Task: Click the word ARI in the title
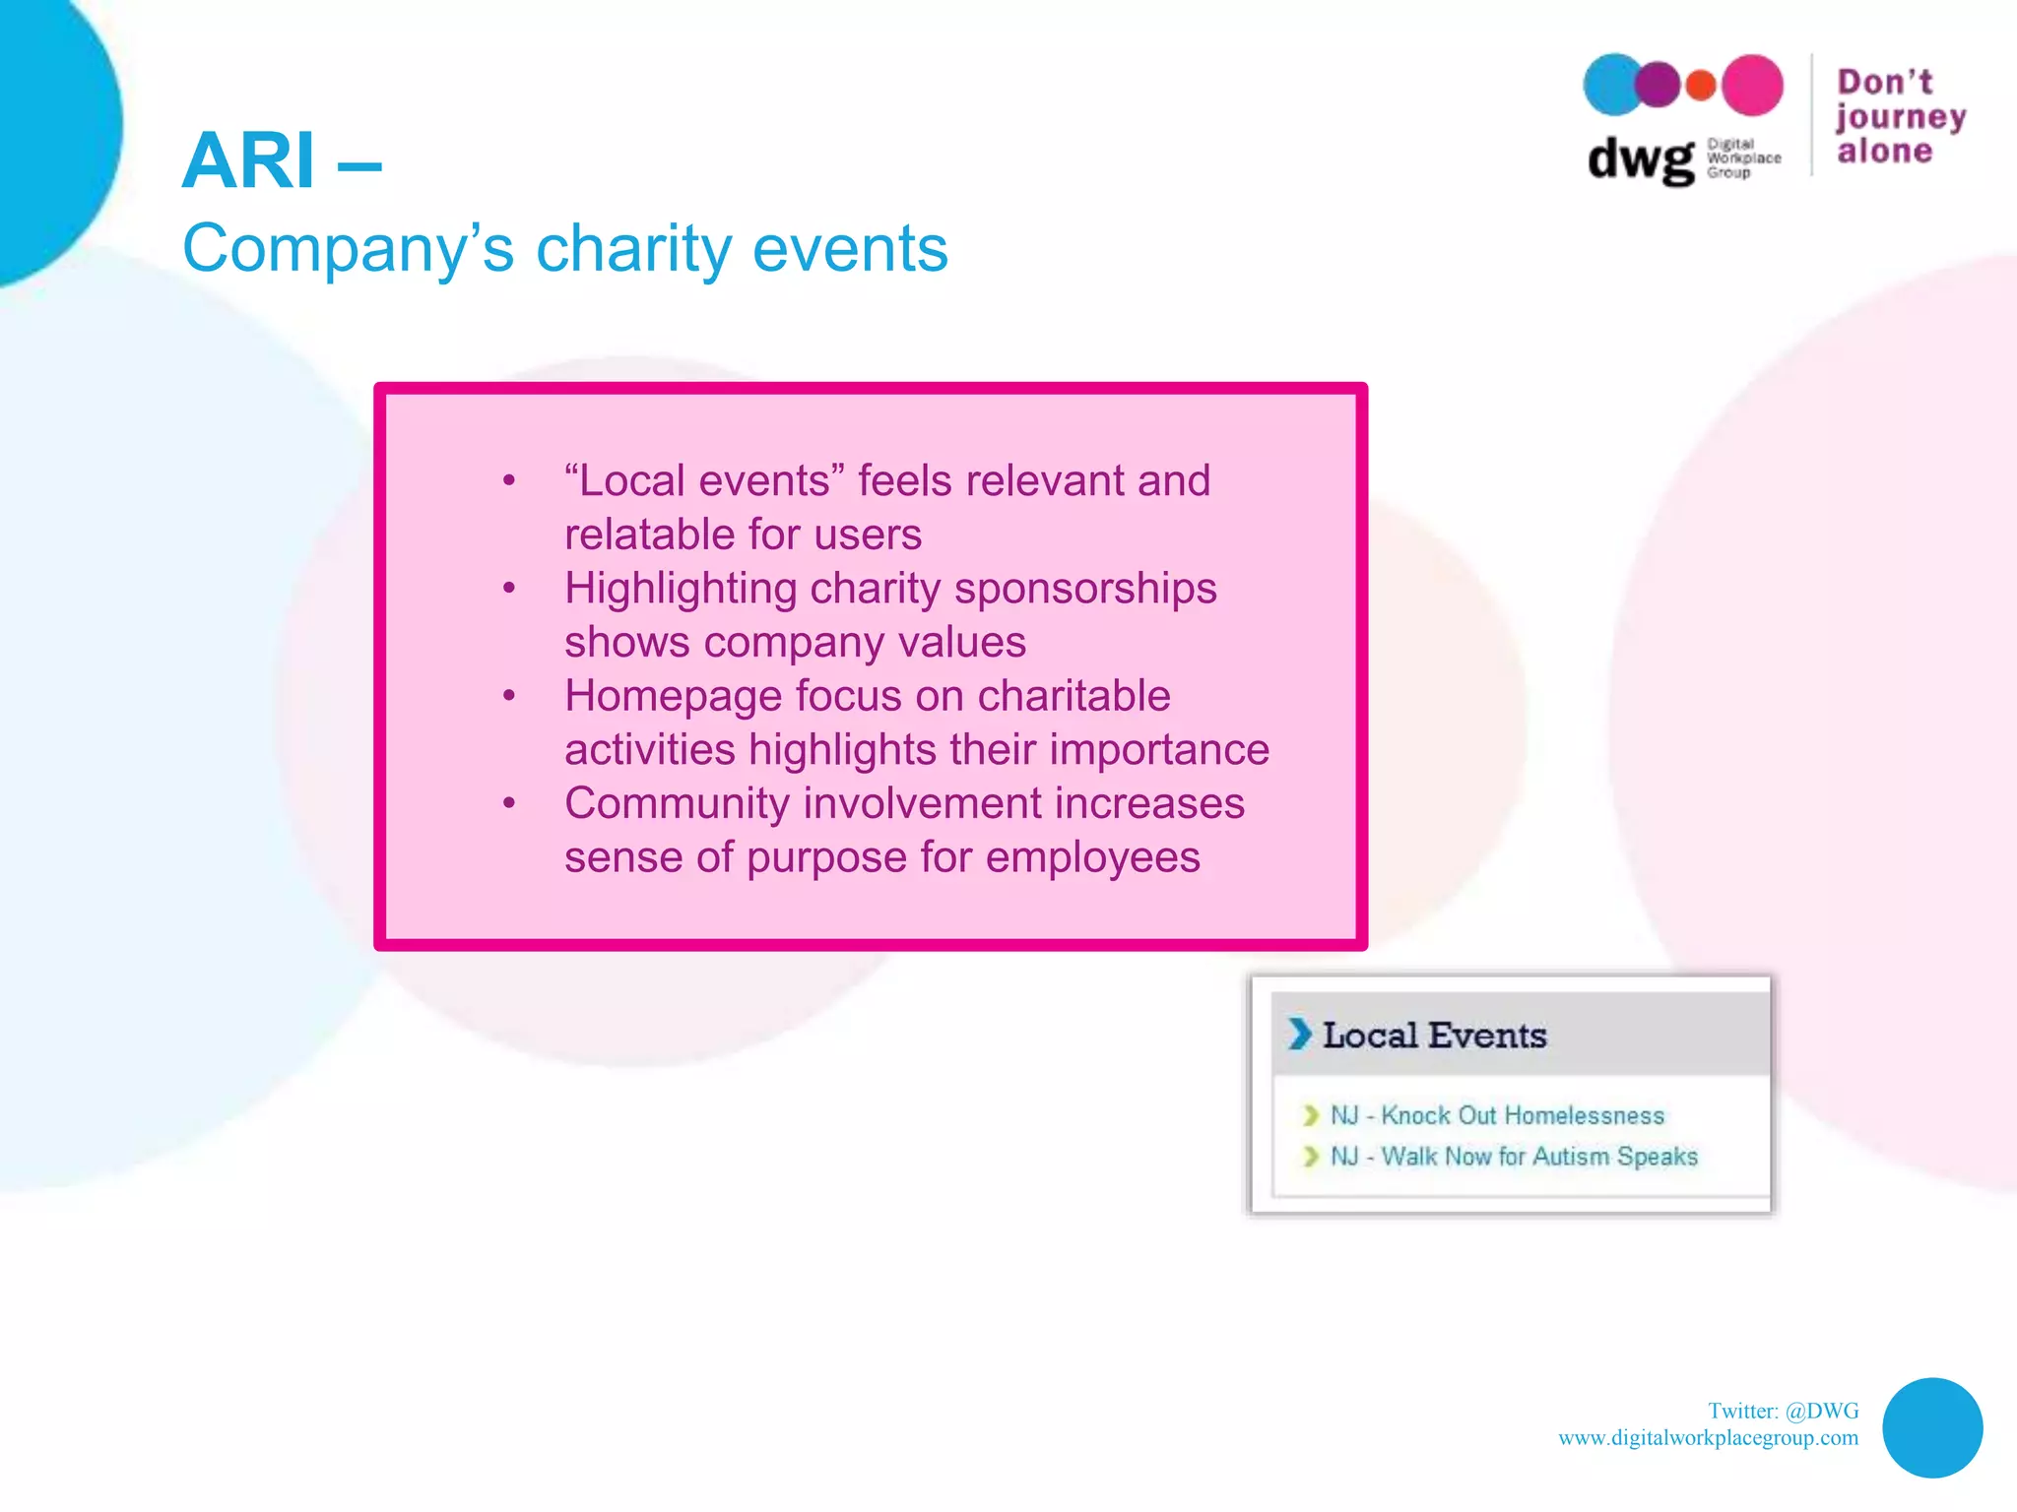point(248,160)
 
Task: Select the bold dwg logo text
point(1640,159)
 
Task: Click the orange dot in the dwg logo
point(1701,86)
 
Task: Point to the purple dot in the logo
point(1659,85)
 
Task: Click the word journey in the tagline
point(1900,118)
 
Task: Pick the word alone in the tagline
point(1885,152)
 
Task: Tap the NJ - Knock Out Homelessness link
point(1497,1115)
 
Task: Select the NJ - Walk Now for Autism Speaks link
point(1514,1157)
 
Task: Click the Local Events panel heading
point(1434,1036)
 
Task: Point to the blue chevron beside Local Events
point(1300,1034)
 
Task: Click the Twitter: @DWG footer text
point(1783,1411)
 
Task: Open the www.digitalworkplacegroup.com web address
point(1708,1438)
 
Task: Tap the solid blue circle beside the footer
point(1931,1427)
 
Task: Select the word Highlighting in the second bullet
point(681,590)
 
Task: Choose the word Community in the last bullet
point(678,803)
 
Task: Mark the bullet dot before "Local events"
point(509,481)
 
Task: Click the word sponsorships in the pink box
point(1085,590)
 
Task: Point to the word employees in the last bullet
point(1092,857)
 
